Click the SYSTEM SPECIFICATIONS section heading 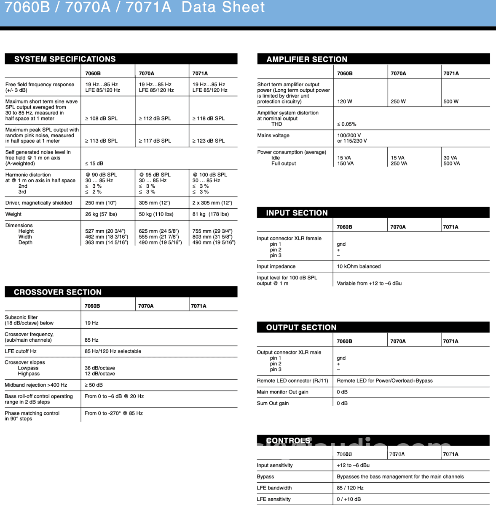[x=65, y=59]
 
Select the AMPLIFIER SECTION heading [x=307, y=59]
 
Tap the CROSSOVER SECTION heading [x=58, y=292]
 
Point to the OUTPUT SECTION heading [x=301, y=327]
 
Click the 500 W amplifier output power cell [x=451, y=101]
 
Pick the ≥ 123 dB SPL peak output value [x=209, y=141]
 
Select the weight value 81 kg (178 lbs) [x=211, y=214]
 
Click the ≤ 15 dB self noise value [x=94, y=163]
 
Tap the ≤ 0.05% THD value [x=346, y=124]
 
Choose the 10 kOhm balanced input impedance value [x=359, y=266]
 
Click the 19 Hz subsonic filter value [x=91, y=323]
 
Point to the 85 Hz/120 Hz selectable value [x=113, y=351]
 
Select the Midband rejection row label [x=36, y=385]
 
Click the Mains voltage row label [x=273, y=136]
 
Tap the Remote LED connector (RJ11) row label [x=292, y=381]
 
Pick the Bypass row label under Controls [x=265, y=477]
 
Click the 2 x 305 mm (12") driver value [x=212, y=203]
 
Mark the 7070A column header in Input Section [x=398, y=227]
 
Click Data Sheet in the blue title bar [x=223, y=8]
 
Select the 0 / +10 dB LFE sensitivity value [x=349, y=500]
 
